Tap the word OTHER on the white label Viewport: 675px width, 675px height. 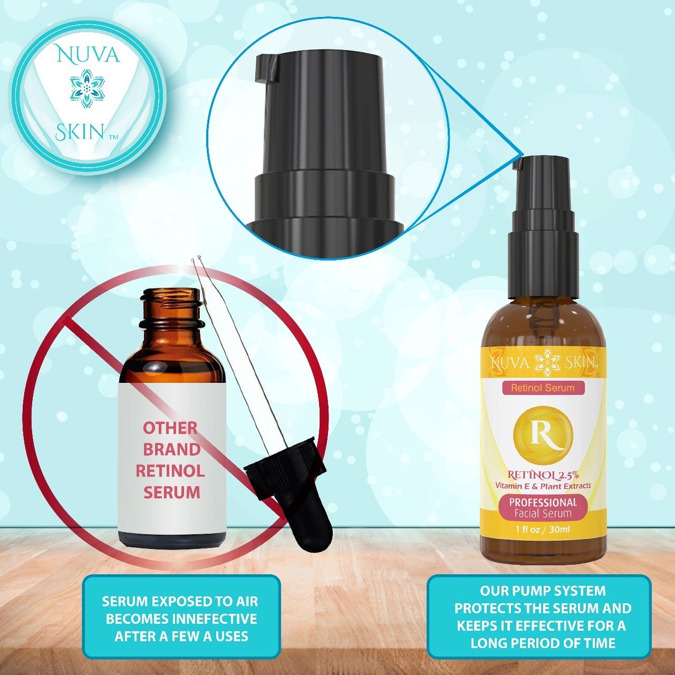(x=170, y=428)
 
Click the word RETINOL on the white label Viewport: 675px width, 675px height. (x=170, y=471)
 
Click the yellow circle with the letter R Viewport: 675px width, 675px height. (x=543, y=434)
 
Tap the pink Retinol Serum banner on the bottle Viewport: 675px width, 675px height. (x=543, y=388)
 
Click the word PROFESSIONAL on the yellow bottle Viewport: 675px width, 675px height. (x=543, y=502)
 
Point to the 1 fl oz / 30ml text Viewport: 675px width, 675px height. (x=543, y=531)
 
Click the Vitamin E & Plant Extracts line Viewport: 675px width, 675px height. (x=543, y=486)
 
